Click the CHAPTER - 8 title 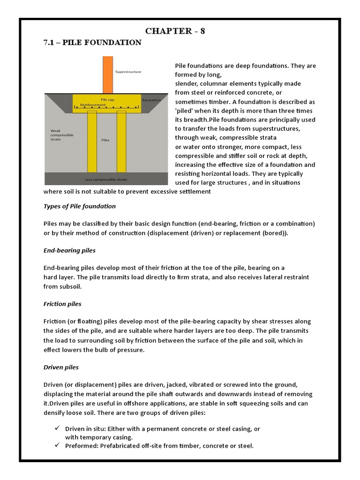click(175, 31)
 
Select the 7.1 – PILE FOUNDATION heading click(92, 43)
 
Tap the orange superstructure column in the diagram click(107, 75)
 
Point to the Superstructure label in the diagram click(128, 72)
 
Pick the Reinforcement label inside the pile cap click(92, 105)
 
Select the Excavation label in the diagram click(151, 100)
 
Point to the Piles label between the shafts click(105, 140)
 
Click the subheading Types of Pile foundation click(79, 206)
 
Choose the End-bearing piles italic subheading click(69, 250)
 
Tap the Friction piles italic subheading click(62, 304)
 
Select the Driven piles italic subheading click(61, 367)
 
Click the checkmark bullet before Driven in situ click(57, 429)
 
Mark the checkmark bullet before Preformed click(57, 446)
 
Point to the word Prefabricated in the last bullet click(122, 446)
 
